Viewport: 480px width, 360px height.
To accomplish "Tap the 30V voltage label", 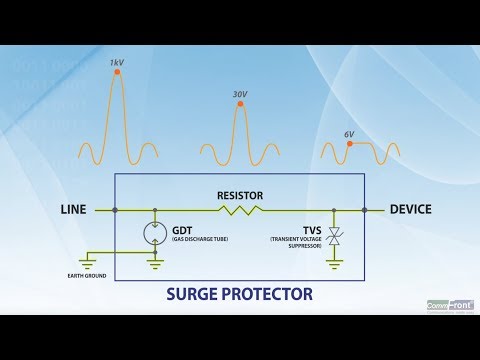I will click(x=240, y=95).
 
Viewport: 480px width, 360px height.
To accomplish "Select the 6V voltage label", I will click(x=349, y=133).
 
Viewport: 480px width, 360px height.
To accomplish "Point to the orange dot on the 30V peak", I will click(x=240, y=106).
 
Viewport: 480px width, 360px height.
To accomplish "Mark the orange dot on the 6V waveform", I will click(x=349, y=143).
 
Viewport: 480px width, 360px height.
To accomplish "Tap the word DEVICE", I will click(x=410, y=210).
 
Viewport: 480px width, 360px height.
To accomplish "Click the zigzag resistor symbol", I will click(x=240, y=210).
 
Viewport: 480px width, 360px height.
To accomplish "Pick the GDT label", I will click(x=183, y=229).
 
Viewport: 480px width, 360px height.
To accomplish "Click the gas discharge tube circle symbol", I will click(x=155, y=234).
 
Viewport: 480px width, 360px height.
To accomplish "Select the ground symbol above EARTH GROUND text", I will click(x=88, y=261).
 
